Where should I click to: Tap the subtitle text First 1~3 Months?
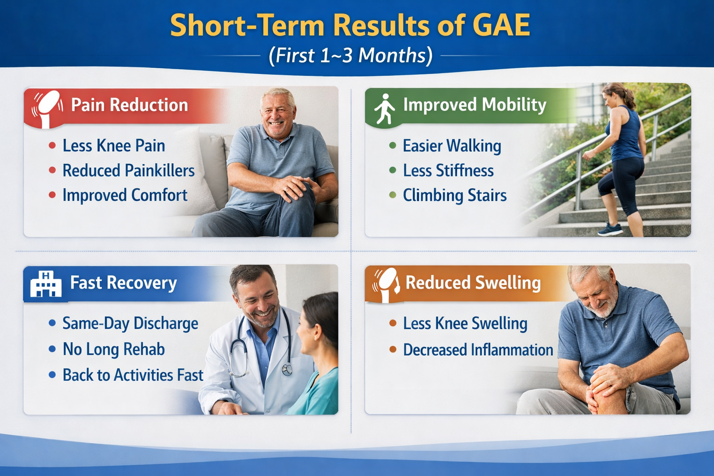pos(350,55)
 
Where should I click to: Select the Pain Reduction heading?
pos(129,105)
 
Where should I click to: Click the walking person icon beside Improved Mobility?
pos(384,109)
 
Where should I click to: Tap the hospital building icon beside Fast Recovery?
pos(46,284)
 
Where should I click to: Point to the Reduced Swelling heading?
pos(473,283)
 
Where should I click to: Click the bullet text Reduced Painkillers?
pos(128,170)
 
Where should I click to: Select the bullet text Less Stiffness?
pos(448,170)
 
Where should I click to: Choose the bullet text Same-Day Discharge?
pos(130,324)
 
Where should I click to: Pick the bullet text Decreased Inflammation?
pos(478,350)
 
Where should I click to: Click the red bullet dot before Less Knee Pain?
pos(52,145)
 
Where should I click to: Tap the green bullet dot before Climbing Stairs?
pos(393,195)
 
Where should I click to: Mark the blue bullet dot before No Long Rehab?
pos(52,349)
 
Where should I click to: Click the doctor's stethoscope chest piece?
pos(287,370)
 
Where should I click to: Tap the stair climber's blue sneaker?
pos(610,229)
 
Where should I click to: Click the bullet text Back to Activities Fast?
pos(133,375)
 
